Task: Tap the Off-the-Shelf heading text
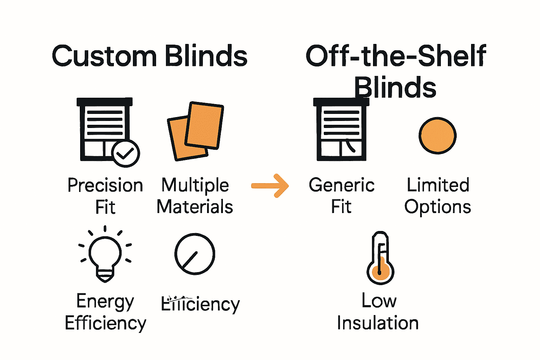click(x=396, y=56)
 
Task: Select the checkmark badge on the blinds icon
click(x=126, y=153)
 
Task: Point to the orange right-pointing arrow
click(x=270, y=186)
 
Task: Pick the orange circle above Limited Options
click(x=437, y=136)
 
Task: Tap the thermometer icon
click(x=380, y=258)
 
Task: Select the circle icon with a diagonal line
click(x=195, y=254)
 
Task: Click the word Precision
click(x=105, y=186)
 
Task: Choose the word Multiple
click(x=195, y=186)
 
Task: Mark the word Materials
click(x=195, y=207)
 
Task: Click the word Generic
click(x=341, y=185)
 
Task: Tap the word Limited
click(x=438, y=185)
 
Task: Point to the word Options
click(x=437, y=207)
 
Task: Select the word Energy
click(x=105, y=302)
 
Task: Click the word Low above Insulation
click(x=379, y=301)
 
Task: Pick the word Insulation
click(x=378, y=323)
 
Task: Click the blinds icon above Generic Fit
click(x=341, y=130)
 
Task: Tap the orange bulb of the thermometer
click(x=380, y=272)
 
